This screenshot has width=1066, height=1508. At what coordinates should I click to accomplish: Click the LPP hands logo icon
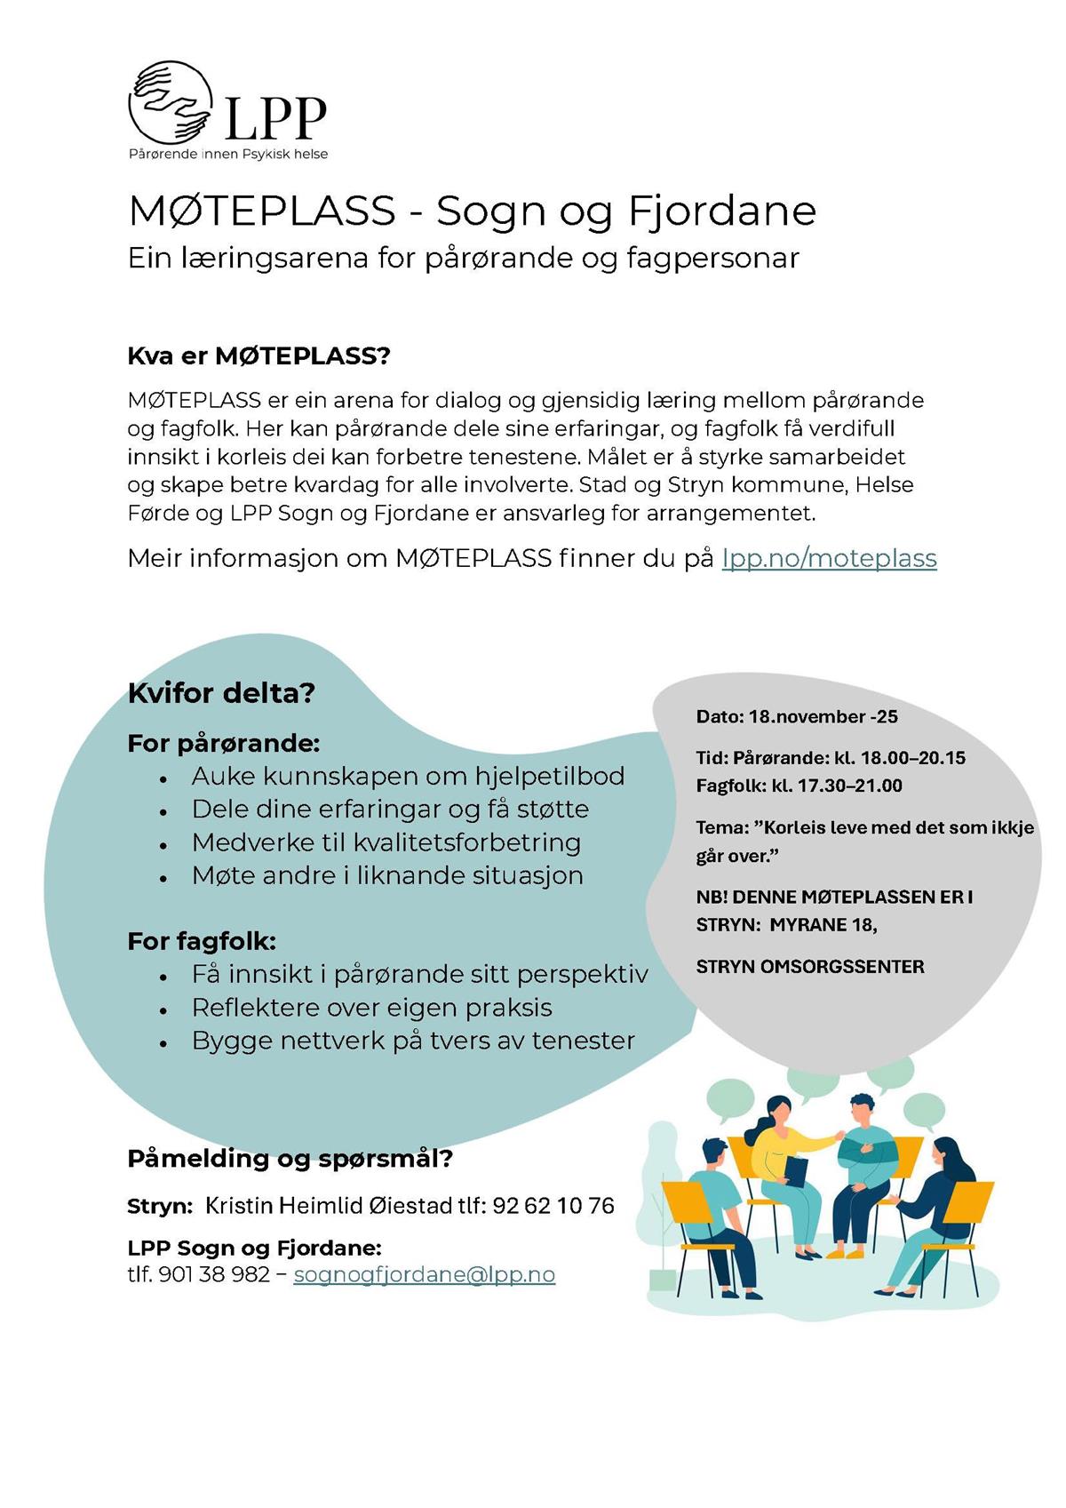tap(171, 103)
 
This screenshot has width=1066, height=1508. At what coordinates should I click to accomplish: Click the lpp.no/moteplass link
tap(829, 558)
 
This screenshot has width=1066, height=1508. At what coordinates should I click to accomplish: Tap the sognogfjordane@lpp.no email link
tap(424, 1274)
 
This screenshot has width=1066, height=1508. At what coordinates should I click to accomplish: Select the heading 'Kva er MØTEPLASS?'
tap(259, 356)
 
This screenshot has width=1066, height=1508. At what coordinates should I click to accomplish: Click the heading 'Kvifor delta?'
tap(221, 693)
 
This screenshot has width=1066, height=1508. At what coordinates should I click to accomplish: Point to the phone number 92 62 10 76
tap(553, 1206)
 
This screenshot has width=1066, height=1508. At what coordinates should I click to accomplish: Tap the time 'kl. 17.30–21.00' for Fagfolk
tap(836, 786)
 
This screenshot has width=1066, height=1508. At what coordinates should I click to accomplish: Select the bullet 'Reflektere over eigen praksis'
tap(371, 1008)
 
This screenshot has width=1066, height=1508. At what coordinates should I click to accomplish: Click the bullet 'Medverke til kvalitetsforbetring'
tap(386, 842)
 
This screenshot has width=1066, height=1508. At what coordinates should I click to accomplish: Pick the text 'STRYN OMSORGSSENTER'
tap(809, 967)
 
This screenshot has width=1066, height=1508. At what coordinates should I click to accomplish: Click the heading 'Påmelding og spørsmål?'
tap(290, 1159)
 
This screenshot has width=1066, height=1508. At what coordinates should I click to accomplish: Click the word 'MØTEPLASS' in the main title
tap(261, 211)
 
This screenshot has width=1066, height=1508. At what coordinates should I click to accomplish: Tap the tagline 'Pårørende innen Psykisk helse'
tap(228, 155)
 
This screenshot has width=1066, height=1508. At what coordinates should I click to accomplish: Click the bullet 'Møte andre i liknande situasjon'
tap(387, 875)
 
